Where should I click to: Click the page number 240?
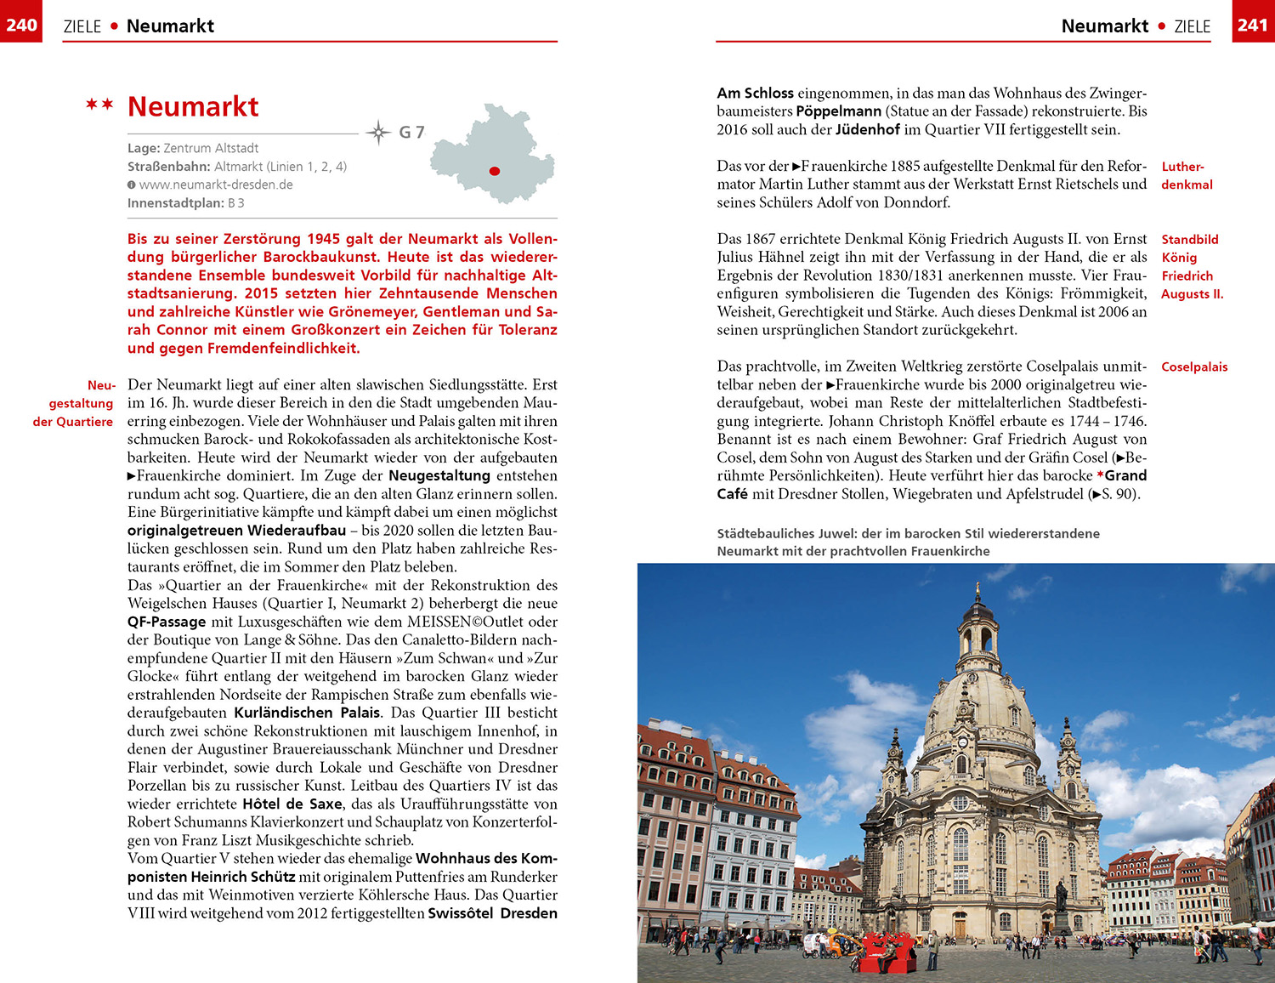(x=20, y=25)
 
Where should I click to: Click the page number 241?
(x=1253, y=25)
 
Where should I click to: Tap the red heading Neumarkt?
(x=193, y=107)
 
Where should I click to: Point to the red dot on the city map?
(x=494, y=171)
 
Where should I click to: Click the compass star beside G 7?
(x=377, y=132)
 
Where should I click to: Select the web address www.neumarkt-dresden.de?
(x=216, y=185)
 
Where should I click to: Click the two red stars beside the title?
(x=99, y=105)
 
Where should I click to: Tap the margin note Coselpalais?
(x=1194, y=367)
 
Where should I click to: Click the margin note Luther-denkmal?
(x=1187, y=175)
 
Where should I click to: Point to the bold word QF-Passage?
(x=167, y=622)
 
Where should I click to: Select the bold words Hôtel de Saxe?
(x=292, y=804)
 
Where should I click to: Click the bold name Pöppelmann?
(x=838, y=111)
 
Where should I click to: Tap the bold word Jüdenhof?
(x=867, y=129)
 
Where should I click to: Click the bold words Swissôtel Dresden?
(x=492, y=913)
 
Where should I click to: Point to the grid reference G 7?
(x=411, y=133)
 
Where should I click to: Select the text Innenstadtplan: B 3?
(x=186, y=203)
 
